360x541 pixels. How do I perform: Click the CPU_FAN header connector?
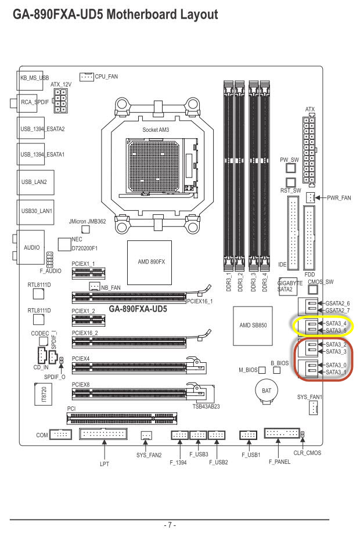[x=87, y=77]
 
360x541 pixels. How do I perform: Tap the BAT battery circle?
[x=267, y=391]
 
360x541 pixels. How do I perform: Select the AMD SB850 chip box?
[x=253, y=326]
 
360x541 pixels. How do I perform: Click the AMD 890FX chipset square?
[x=149, y=262]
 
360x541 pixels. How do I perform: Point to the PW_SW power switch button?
[x=291, y=168]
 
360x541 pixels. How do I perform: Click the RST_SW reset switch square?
[x=291, y=182]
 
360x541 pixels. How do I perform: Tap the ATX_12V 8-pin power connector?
[x=60, y=101]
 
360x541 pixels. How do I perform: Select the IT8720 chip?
[x=43, y=394]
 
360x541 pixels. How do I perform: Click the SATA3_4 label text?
[x=336, y=324]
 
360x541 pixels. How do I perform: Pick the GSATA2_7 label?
[x=337, y=311]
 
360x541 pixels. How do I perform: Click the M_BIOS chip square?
[x=262, y=370]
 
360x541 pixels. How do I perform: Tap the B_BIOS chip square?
[x=277, y=370]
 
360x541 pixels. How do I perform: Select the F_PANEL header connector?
[x=282, y=433]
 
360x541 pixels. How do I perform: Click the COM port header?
[x=61, y=434]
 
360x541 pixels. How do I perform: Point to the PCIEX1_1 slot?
[x=88, y=273]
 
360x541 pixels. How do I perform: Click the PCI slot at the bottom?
[x=122, y=418]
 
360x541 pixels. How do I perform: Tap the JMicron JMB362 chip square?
[x=85, y=229]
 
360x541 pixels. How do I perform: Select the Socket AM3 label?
[x=156, y=129]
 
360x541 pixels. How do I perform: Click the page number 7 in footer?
[x=170, y=525]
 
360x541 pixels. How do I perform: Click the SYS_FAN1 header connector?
[x=313, y=409]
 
